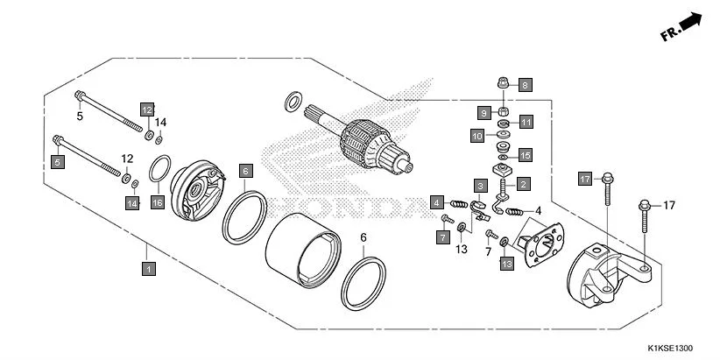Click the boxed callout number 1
[x=149, y=269]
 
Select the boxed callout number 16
[x=158, y=202]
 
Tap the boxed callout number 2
[x=523, y=185]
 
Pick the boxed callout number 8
[x=525, y=85]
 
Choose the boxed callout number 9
[x=483, y=113]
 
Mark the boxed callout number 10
[x=477, y=136]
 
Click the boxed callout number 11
[x=526, y=122]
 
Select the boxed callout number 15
[x=525, y=155]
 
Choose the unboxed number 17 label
[x=669, y=206]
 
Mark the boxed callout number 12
[x=147, y=109]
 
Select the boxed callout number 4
[x=435, y=202]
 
